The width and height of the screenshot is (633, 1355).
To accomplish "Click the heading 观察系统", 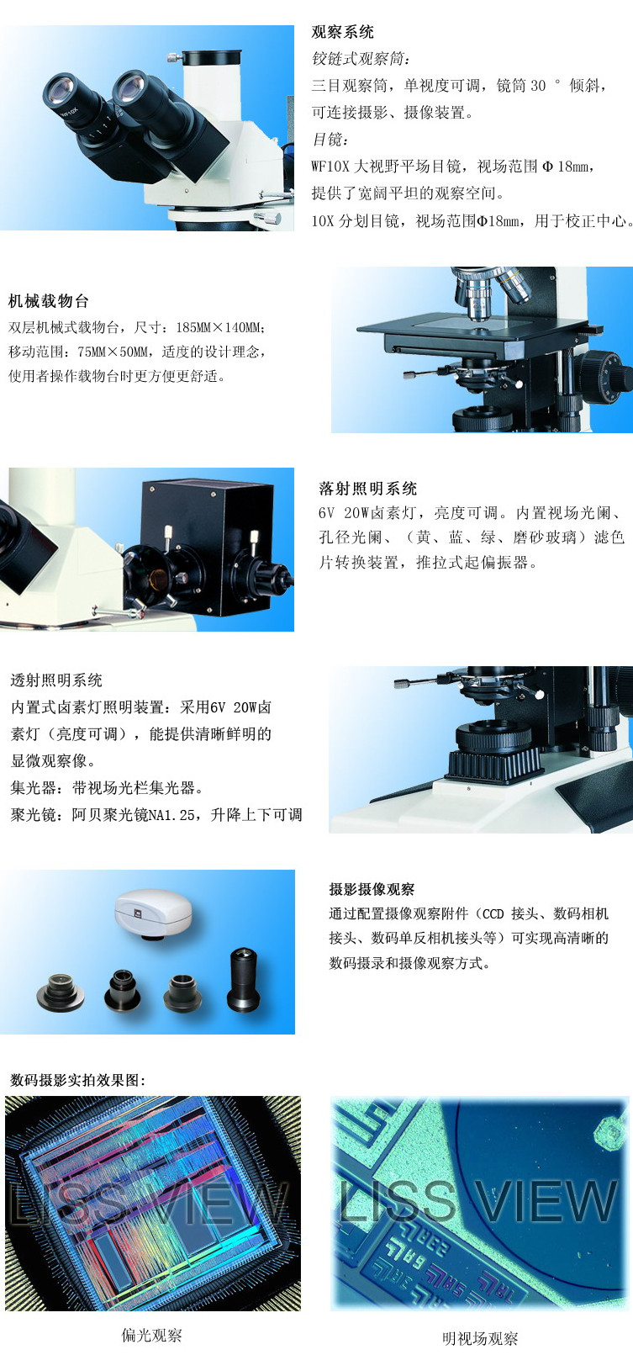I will point(342,32).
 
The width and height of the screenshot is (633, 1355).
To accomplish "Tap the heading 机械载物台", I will point(49,300).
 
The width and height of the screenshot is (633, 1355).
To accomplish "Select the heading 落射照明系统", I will point(367,488).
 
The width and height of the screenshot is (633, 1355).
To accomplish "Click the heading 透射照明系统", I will point(56,680).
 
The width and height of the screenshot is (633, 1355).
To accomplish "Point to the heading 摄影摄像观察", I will point(372,889).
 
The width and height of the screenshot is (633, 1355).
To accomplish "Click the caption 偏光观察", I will point(151,1335).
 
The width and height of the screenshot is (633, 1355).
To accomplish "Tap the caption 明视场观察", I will point(480,1338).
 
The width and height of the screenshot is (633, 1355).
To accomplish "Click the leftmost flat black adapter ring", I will point(61,992).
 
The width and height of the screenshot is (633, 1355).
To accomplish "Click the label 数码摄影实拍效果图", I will point(77,1080).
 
